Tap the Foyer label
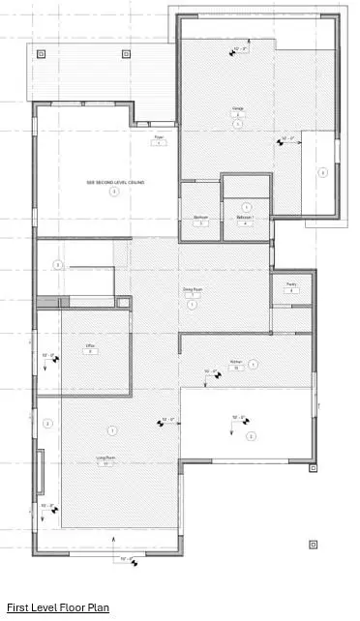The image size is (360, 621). pos(160,138)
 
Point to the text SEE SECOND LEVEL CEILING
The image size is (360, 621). pos(114,182)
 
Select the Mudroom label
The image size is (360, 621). pos(200,217)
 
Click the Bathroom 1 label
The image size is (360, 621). pos(246,217)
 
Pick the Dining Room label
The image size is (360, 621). pos(193,289)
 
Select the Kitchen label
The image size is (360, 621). pos(235,364)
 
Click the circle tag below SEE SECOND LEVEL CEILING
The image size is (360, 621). pos(114,192)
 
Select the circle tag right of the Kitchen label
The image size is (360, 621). pos(254,365)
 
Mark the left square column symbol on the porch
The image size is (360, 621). pos(40,54)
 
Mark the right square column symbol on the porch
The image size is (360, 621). pos(125,54)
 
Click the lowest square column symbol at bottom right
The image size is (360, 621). pos(313,544)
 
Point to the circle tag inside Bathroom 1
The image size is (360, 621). pos(247,207)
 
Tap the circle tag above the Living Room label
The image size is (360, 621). pos(112,429)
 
